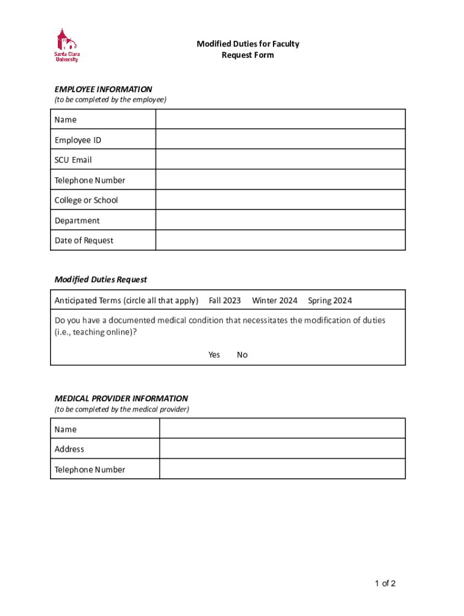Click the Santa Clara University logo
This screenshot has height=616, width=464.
pyautogui.click(x=67, y=45)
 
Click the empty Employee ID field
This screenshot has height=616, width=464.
pyautogui.click(x=280, y=140)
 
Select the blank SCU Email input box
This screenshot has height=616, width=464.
pyautogui.click(x=280, y=160)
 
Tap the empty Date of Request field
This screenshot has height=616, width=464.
pyautogui.click(x=280, y=240)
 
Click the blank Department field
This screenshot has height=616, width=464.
pyautogui.click(x=280, y=220)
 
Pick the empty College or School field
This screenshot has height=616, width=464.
pyautogui.click(x=280, y=200)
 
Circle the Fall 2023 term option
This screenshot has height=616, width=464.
pyautogui.click(x=225, y=300)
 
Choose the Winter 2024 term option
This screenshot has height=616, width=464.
pyautogui.click(x=274, y=300)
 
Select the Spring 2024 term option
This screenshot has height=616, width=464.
pyautogui.click(x=330, y=300)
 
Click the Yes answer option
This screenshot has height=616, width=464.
pyautogui.click(x=214, y=354)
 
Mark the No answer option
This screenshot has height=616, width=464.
pyautogui.click(x=242, y=354)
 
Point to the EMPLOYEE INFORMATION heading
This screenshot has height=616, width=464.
pyautogui.click(x=103, y=89)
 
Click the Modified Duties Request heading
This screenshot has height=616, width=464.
pyautogui.click(x=101, y=279)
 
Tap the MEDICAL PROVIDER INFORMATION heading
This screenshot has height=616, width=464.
pyautogui.click(x=121, y=398)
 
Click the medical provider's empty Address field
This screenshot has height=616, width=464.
pyautogui.click(x=282, y=449)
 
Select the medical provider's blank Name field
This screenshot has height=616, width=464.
pyautogui.click(x=282, y=429)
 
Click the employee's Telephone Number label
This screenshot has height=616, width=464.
pyautogui.click(x=90, y=180)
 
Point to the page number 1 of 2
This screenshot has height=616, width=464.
pyautogui.click(x=385, y=583)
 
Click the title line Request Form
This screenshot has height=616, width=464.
pyautogui.click(x=248, y=55)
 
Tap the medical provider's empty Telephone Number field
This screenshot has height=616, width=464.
pyautogui.click(x=282, y=469)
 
